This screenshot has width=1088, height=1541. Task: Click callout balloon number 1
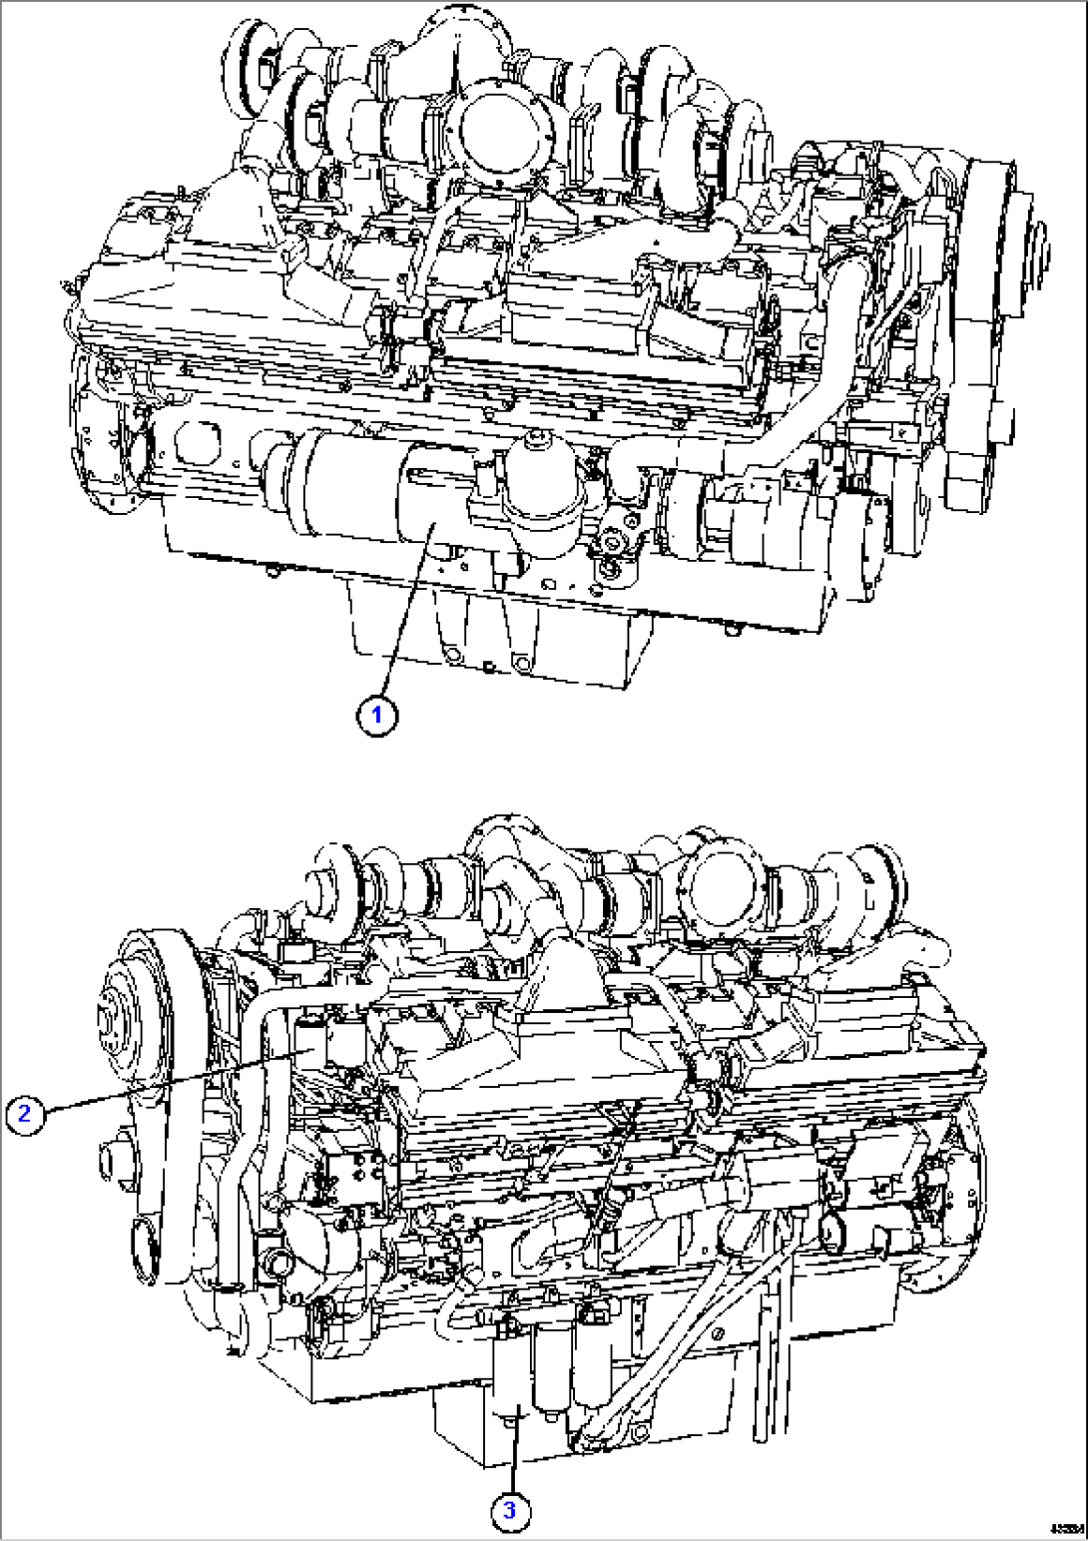377,715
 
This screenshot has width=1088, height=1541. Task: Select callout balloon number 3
509,1510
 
